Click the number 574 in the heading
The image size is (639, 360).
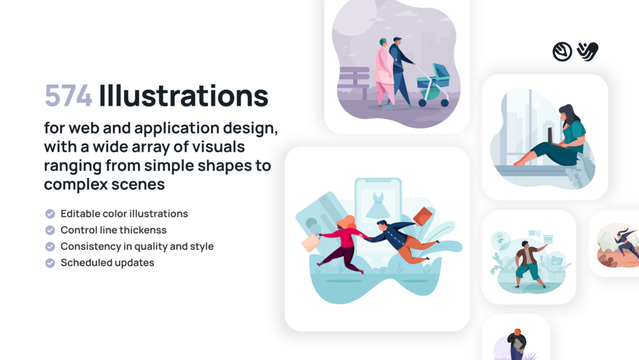click(68, 96)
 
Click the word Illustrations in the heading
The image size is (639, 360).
click(183, 95)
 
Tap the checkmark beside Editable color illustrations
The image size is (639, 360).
click(50, 214)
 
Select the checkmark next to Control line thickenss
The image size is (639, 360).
click(50, 230)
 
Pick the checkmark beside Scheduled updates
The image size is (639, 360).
click(50, 263)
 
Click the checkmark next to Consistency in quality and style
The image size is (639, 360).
click(50, 247)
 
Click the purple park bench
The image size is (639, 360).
click(354, 81)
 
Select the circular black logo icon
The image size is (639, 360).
click(563, 52)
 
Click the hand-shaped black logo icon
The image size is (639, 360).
click(587, 52)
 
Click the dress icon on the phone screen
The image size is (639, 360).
click(378, 205)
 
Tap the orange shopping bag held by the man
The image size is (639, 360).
click(423, 216)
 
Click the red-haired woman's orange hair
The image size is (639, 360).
click(347, 223)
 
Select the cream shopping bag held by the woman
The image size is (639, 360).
click(311, 242)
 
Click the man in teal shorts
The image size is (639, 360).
click(527, 265)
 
